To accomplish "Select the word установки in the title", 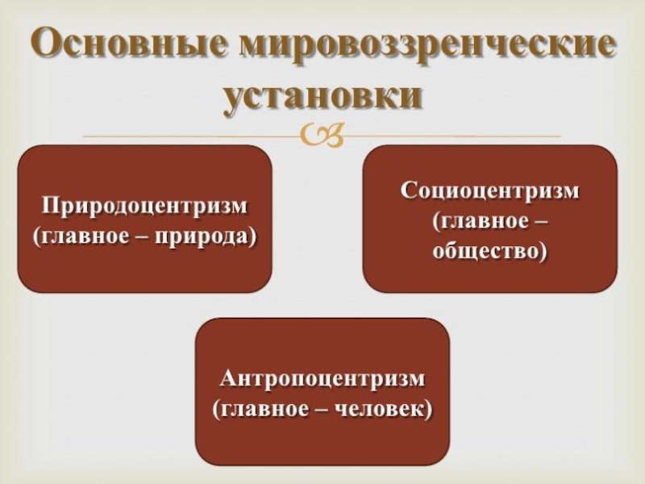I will [322, 95].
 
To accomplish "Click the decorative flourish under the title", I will [322, 136].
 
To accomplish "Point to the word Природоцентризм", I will [145, 206].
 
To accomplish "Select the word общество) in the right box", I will [490, 251].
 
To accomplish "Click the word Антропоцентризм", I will [322, 378].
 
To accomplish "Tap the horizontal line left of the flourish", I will [193, 136].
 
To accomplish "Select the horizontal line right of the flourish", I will [451, 136].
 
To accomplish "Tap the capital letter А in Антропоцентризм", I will [229, 378].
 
